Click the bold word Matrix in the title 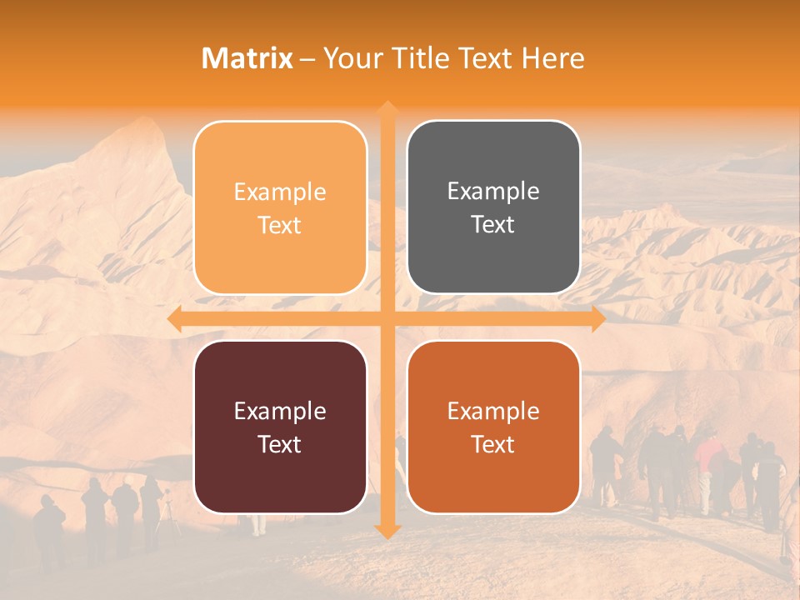click(247, 58)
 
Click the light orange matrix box click(280, 207)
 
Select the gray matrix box click(493, 207)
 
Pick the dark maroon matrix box click(280, 427)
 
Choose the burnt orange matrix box click(493, 427)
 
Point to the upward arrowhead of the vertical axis click(387, 108)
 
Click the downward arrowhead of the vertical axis click(387, 531)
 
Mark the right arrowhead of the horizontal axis click(598, 319)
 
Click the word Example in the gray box click(493, 192)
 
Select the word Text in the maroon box click(280, 444)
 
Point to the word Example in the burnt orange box click(493, 411)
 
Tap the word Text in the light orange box click(280, 225)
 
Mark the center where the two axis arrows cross click(387, 319)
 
